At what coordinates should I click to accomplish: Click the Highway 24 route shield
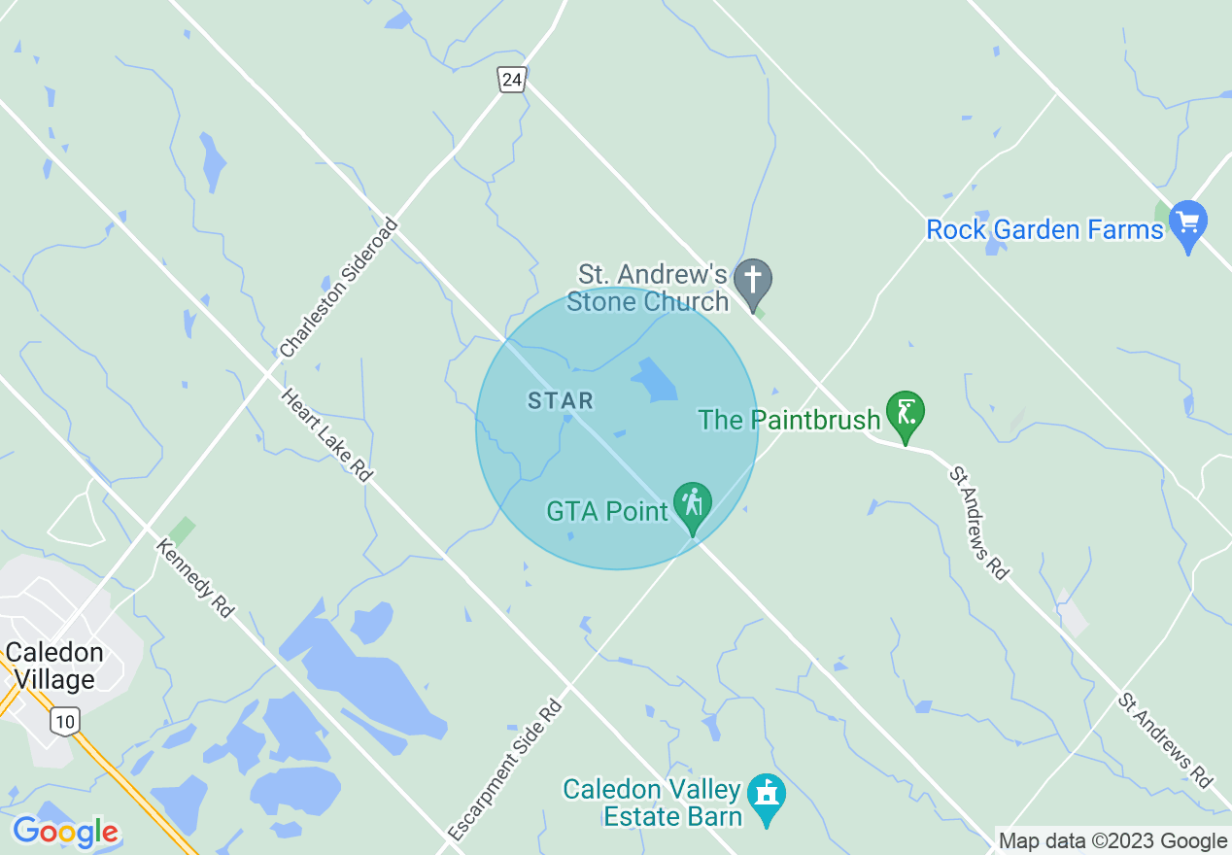coord(512,80)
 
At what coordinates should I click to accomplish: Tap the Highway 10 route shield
coord(64,721)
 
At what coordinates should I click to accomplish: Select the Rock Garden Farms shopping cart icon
coord(1187,222)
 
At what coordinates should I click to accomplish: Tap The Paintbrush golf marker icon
coord(906,414)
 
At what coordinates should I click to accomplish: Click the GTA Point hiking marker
coord(693,505)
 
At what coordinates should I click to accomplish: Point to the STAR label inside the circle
coord(560,400)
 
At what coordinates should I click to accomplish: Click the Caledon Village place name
coord(54,666)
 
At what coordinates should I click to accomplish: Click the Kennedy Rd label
coord(195,579)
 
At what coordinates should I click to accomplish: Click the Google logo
coord(65,832)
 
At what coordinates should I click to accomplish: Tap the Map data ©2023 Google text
coord(1113,841)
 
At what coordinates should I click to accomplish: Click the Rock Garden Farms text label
coord(1044,230)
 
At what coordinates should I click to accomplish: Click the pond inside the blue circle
coord(655,381)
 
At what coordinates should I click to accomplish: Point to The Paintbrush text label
coord(789,420)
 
